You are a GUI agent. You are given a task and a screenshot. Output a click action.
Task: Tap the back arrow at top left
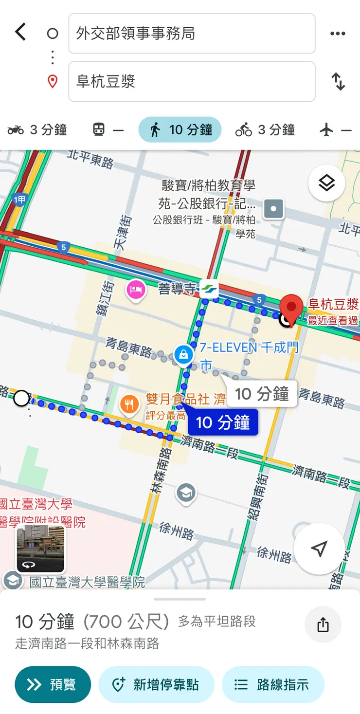pos(20,33)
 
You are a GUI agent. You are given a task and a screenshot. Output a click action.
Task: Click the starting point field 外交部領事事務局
pos(192,34)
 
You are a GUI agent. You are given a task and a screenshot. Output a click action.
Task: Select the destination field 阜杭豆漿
pos(192,81)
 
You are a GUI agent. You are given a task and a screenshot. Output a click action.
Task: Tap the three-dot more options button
pos(338,34)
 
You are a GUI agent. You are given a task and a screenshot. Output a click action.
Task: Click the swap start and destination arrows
pos(338,81)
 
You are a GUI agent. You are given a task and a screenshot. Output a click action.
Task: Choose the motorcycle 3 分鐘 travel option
pos(37,130)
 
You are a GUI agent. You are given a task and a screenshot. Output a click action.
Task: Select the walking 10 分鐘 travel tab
pos(180,130)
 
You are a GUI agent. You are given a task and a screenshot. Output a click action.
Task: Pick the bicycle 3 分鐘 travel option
pos(265,130)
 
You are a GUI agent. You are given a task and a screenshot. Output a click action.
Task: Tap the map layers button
pos(326,183)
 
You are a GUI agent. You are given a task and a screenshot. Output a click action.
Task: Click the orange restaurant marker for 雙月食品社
pos(129,404)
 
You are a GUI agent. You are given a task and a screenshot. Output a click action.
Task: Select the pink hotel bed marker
pos(136,291)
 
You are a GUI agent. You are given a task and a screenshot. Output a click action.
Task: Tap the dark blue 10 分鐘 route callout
pos(223,422)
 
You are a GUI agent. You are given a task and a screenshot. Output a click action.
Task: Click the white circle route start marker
pos(21,398)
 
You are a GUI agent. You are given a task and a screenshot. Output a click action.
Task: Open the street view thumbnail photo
pos(40,549)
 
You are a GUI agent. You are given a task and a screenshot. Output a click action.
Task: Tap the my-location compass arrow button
pos(319,549)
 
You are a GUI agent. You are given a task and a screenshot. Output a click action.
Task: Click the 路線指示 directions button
pos(272,685)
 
